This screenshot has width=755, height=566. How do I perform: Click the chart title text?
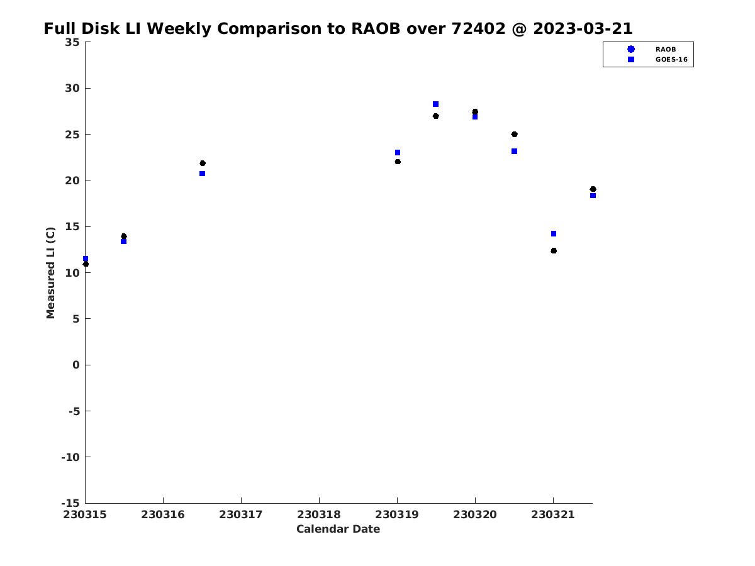pos(338,28)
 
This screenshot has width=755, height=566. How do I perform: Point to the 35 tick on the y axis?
pos(72,42)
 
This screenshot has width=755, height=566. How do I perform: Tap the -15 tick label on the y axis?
pos(70,503)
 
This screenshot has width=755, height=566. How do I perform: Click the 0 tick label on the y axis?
pos(76,365)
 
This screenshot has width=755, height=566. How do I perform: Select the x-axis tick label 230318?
pos(319,514)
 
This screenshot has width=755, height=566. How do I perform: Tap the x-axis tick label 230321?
pos(553,514)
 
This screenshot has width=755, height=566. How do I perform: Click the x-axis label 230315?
pos(85,514)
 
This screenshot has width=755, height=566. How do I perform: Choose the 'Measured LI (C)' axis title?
pos(50,273)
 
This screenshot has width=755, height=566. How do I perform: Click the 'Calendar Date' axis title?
pos(338,529)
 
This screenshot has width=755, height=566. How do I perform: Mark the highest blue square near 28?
pos(435,104)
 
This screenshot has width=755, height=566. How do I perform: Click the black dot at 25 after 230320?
pos(514,135)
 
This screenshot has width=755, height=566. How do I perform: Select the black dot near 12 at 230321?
pos(554,251)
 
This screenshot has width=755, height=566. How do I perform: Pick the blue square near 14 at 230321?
pos(554,234)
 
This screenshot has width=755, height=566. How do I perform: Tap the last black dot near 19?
pos(593,189)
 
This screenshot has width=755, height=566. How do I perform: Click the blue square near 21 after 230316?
pos(202,174)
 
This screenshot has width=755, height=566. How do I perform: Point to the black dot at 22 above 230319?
pos(398,162)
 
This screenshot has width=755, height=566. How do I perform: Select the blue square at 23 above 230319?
pos(398,153)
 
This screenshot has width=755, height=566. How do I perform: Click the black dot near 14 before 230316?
pos(124,236)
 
